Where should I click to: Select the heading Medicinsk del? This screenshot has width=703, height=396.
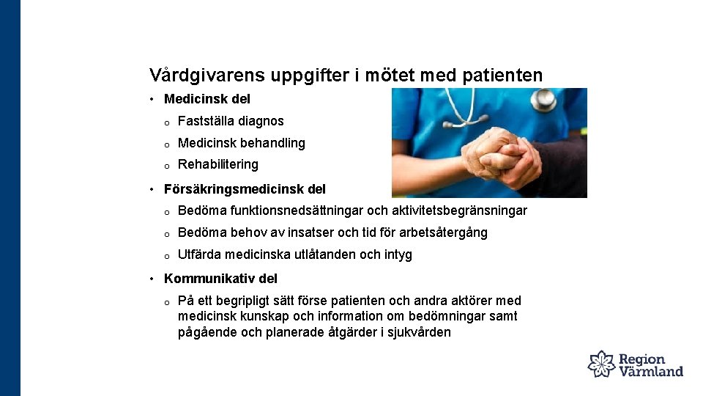(207, 99)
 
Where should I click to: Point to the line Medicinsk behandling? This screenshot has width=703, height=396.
(242, 143)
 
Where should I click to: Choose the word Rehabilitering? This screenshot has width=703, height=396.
(218, 164)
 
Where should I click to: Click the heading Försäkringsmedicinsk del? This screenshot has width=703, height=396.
(245, 189)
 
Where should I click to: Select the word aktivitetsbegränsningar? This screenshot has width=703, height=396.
(460, 211)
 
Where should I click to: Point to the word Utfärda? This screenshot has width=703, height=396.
(200, 255)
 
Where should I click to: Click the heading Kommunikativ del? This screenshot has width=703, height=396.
(220, 279)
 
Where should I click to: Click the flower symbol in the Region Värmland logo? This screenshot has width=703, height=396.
(602, 364)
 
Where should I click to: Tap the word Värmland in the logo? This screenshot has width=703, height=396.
(652, 371)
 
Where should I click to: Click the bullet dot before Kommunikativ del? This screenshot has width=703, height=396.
(150, 279)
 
